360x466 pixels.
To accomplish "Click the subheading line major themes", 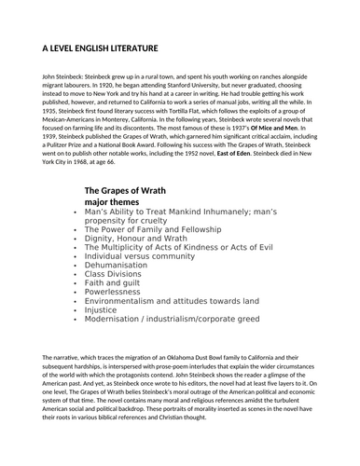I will pos(116,201).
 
